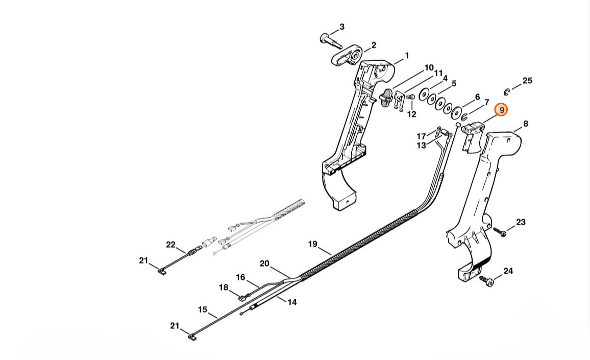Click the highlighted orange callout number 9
pos(501,110)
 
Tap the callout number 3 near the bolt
pos(341,27)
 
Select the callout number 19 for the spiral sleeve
pos(313,245)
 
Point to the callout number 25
pos(528,81)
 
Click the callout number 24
pos(508,271)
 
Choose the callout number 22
pos(171,245)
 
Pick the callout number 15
pos(203,309)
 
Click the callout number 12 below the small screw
pos(412,114)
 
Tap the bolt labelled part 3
pos(331,41)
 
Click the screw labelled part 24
pos(486,281)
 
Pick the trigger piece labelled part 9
pos(472,137)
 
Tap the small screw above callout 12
pos(411,98)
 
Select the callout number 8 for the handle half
pos(525,124)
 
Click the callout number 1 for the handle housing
pos(407,56)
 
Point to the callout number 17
pos(421,136)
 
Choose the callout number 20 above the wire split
pos(264,263)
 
